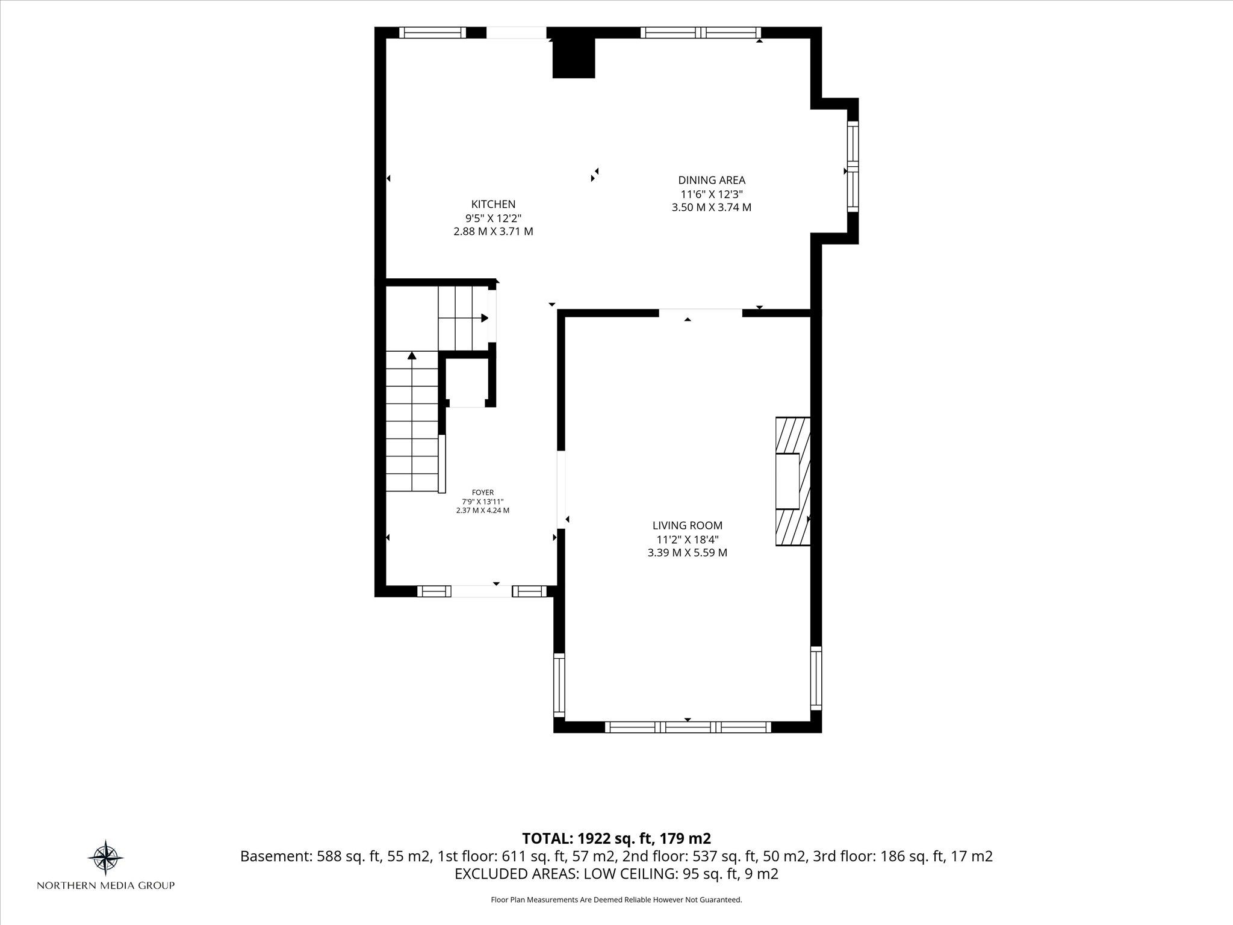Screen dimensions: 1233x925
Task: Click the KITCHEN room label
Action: (493, 204)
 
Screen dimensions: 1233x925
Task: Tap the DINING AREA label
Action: (712, 179)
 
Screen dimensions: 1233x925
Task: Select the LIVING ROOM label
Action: (688, 526)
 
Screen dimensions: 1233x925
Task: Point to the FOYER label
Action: (483, 493)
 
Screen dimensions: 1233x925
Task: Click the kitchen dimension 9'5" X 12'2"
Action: (493, 218)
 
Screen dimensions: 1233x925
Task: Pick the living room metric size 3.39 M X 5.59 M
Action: (688, 552)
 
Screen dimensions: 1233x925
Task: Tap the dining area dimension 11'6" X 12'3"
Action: (712, 194)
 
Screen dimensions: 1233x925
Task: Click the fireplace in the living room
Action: (793, 481)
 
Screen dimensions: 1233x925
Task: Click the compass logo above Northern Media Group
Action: (106, 857)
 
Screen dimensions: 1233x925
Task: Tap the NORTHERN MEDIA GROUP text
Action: (106, 885)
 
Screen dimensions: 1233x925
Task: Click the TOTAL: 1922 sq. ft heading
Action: (616, 838)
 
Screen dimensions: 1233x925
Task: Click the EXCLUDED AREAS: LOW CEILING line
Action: (616, 874)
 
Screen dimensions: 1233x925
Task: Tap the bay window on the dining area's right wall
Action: (853, 166)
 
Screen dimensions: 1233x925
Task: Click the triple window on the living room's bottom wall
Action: (688, 727)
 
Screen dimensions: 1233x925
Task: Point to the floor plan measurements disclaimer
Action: (616, 900)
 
